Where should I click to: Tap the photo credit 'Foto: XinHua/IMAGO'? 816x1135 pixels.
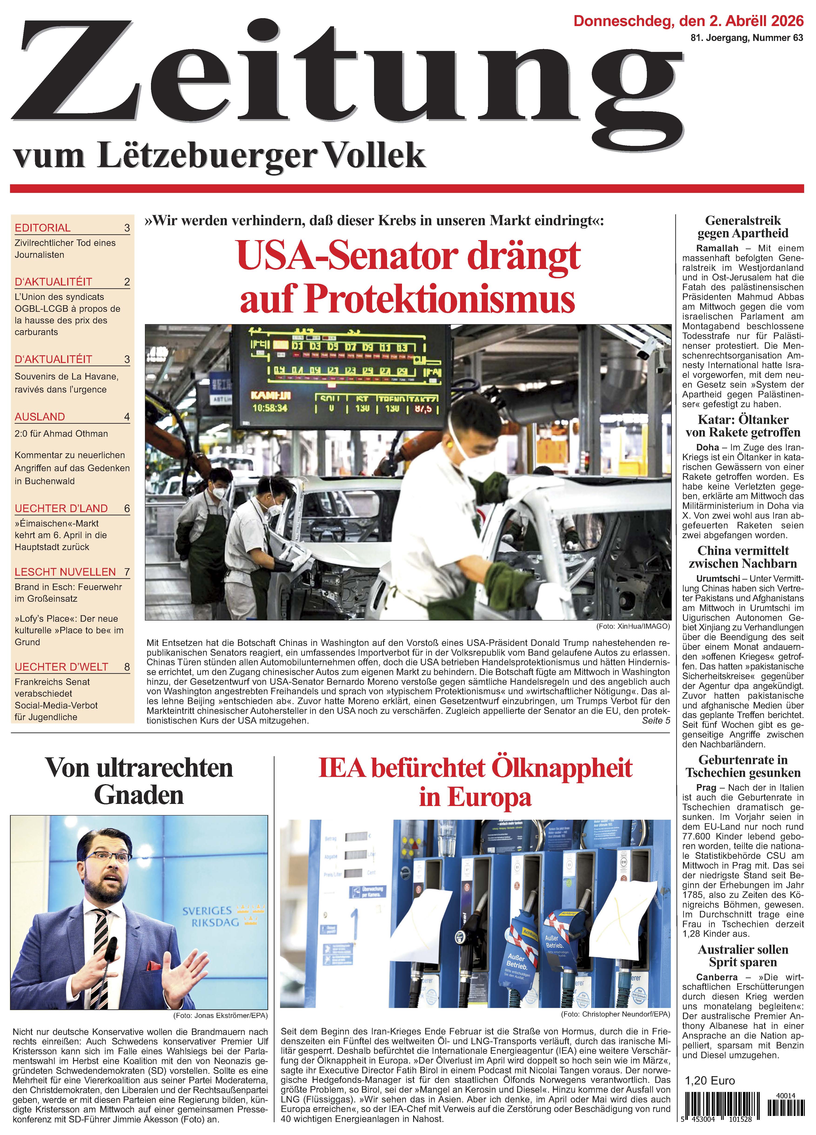[632, 626]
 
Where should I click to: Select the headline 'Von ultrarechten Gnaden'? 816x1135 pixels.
[139, 781]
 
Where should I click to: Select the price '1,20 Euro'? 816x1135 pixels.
[709, 1081]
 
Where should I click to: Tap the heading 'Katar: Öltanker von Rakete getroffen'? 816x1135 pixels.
[743, 426]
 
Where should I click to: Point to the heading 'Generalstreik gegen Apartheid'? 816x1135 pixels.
[743, 227]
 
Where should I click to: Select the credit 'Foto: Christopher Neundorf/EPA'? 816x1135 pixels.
[615, 1014]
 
